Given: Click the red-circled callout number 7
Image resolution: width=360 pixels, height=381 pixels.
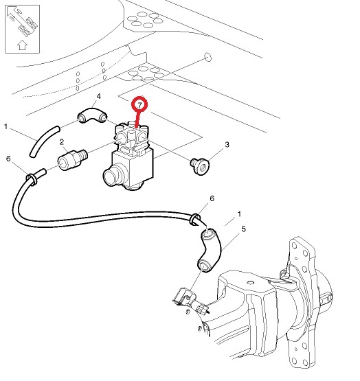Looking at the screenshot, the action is [x=139, y=105].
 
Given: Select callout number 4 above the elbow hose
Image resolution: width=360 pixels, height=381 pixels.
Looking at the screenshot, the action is [x=98, y=96].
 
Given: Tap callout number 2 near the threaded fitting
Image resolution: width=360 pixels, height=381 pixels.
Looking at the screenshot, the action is [x=62, y=142].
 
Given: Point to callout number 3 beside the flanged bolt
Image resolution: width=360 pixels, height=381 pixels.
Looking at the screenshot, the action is [x=227, y=145].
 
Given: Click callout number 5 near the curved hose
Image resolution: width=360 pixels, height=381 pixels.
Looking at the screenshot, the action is [x=243, y=229].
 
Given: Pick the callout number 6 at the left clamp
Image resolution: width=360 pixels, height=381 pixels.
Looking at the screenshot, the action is [x=8, y=159].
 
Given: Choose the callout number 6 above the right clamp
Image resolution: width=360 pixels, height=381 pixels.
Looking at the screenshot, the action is [x=212, y=198].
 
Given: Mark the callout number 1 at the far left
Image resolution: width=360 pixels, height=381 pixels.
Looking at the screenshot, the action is [x=5, y=126].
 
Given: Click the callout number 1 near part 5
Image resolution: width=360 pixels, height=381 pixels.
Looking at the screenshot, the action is [x=239, y=214].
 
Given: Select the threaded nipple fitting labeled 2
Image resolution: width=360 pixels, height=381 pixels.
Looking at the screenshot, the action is [x=72, y=160].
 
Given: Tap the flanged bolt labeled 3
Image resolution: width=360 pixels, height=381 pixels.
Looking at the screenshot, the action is [x=200, y=165].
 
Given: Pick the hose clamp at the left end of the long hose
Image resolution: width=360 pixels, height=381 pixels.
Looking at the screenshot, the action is [x=31, y=178].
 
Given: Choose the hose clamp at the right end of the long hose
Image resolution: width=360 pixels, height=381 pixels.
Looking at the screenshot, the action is [x=195, y=219].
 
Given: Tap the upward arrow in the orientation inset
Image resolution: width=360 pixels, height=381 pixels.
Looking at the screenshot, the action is [x=22, y=45].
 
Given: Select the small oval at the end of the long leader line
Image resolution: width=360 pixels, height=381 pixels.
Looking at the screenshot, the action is [x=207, y=57].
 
